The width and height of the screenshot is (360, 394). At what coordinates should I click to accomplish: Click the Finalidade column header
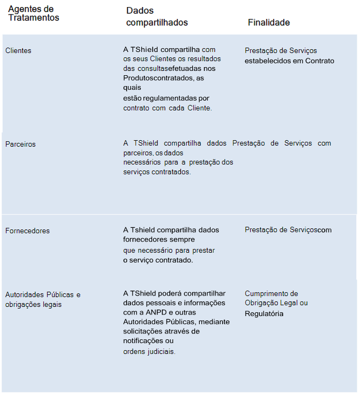click(x=269, y=23)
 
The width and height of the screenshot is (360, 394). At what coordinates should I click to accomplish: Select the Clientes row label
click(x=18, y=51)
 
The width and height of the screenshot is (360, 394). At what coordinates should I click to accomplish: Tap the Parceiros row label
click(x=21, y=145)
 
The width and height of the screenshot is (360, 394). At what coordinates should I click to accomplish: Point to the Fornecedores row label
click(x=27, y=231)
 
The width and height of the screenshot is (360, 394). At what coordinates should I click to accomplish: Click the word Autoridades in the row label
click(x=23, y=295)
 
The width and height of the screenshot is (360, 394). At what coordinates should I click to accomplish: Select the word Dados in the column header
click(x=140, y=11)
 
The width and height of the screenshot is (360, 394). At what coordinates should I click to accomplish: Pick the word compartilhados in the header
click(x=157, y=23)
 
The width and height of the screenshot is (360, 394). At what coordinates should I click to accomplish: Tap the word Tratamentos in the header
click(x=34, y=18)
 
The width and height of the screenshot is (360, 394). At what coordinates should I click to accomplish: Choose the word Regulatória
click(x=264, y=313)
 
